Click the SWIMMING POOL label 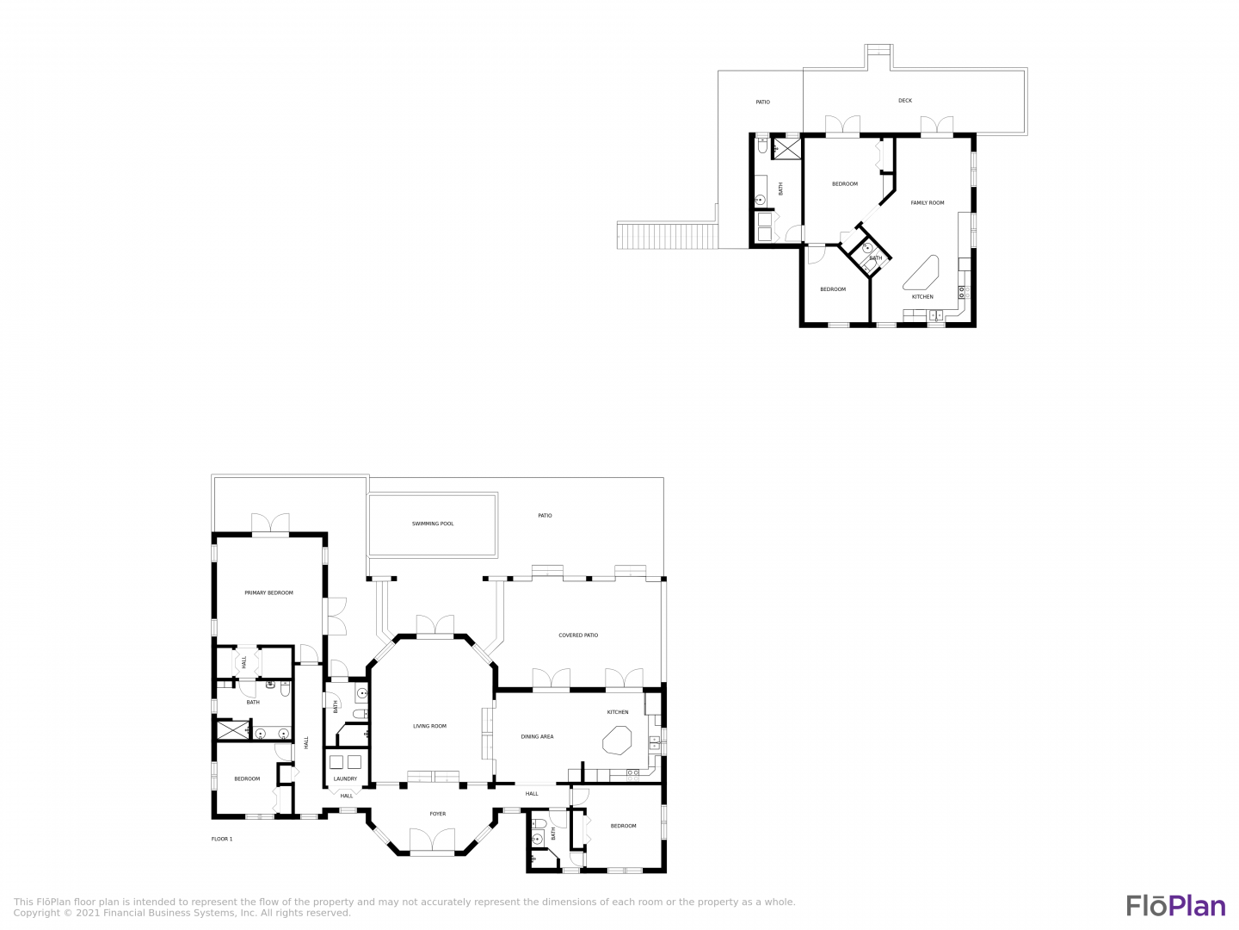433,524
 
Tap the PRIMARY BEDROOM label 268,592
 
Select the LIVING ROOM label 429,726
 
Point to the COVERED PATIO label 578,635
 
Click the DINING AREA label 537,736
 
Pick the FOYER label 437,814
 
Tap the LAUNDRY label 345,778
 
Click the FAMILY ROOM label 927,202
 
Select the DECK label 905,101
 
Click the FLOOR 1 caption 222,839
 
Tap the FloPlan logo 1176,905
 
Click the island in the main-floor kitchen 617,741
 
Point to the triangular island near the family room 921,273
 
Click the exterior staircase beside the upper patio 667,235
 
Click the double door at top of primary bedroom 270,523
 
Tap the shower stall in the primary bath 232,729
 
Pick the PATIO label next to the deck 762,102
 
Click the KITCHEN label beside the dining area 618,712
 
